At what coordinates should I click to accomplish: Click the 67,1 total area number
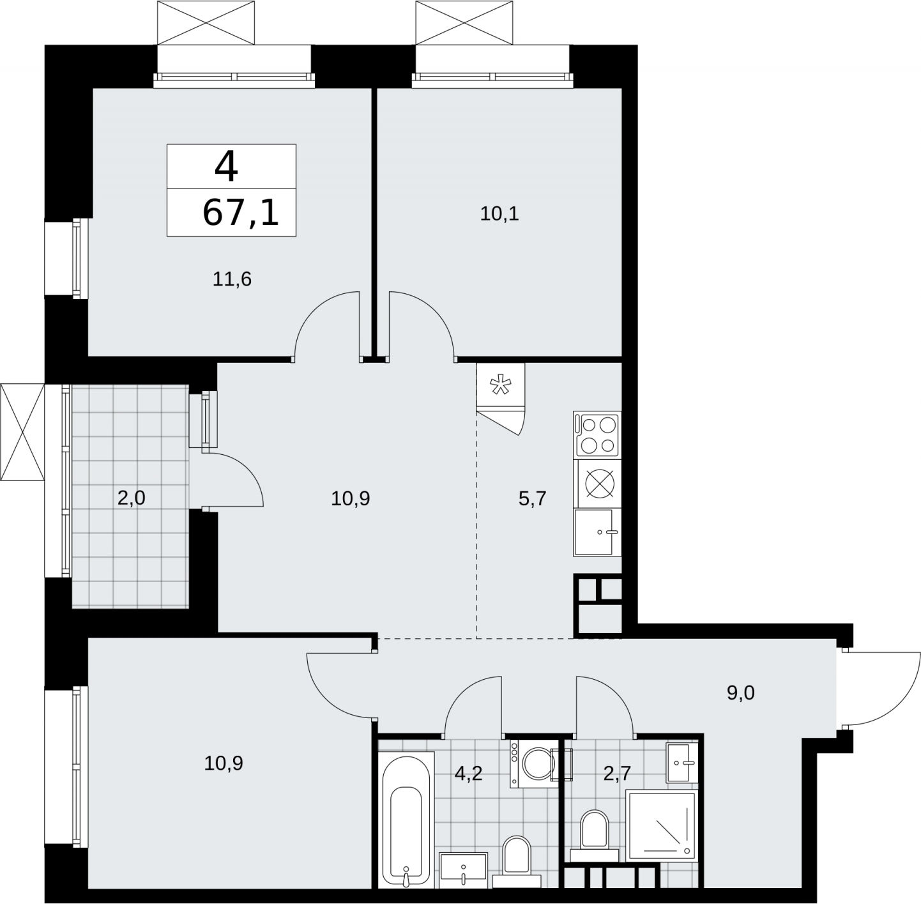240,213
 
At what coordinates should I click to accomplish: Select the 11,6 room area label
232,279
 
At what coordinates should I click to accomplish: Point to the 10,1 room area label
499,214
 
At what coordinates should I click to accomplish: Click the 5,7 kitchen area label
532,499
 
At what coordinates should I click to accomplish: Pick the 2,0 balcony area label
131,498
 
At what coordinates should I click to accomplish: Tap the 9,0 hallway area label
740,693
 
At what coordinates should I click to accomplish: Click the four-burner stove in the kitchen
597,435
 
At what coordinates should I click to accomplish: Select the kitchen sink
597,532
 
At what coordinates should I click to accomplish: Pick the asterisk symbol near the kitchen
500,385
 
